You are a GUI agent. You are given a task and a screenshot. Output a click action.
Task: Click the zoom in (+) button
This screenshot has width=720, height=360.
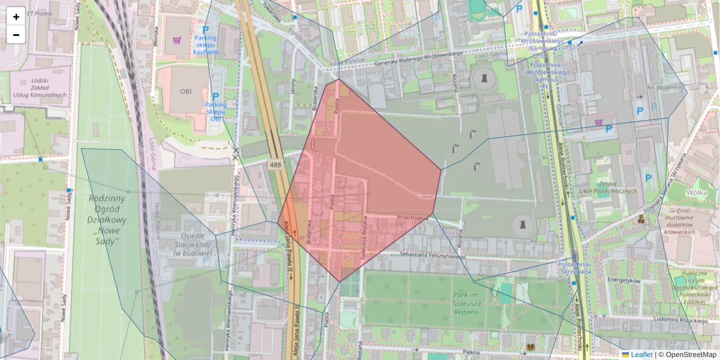pos(16,17)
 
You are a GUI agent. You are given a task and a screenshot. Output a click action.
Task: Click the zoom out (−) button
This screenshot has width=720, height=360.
pos(16,35)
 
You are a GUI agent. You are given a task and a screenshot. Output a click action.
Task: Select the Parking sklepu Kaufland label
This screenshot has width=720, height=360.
pos(205,46)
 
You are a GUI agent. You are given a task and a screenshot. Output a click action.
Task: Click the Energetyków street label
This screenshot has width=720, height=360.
pos(625,280)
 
